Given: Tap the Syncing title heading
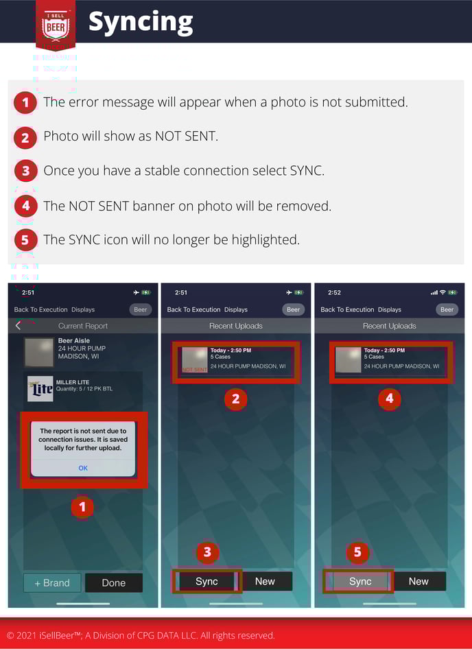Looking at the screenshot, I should [x=141, y=23].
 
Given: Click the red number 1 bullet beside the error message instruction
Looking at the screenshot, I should [x=25, y=103].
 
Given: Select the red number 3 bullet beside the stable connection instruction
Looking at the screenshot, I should [x=25, y=171].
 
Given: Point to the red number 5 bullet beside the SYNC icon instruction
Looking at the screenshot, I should [x=25, y=240].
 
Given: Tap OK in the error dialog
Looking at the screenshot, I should [x=83, y=468].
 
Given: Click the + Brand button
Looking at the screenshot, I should [x=52, y=582].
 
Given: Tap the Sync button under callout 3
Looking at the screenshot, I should [x=206, y=581].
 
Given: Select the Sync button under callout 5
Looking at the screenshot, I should [x=360, y=581].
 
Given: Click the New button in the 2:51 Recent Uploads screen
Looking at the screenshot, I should [x=265, y=581].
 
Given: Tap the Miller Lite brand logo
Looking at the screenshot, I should [x=40, y=388].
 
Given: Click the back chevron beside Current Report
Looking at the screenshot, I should [x=18, y=326].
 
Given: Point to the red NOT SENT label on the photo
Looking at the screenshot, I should [x=194, y=370].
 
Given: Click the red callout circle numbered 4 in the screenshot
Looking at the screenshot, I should [x=390, y=399].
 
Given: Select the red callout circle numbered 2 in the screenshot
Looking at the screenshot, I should [x=235, y=399].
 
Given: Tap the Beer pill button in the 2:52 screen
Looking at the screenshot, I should [x=447, y=309].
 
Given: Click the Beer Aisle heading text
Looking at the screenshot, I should [x=74, y=340].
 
